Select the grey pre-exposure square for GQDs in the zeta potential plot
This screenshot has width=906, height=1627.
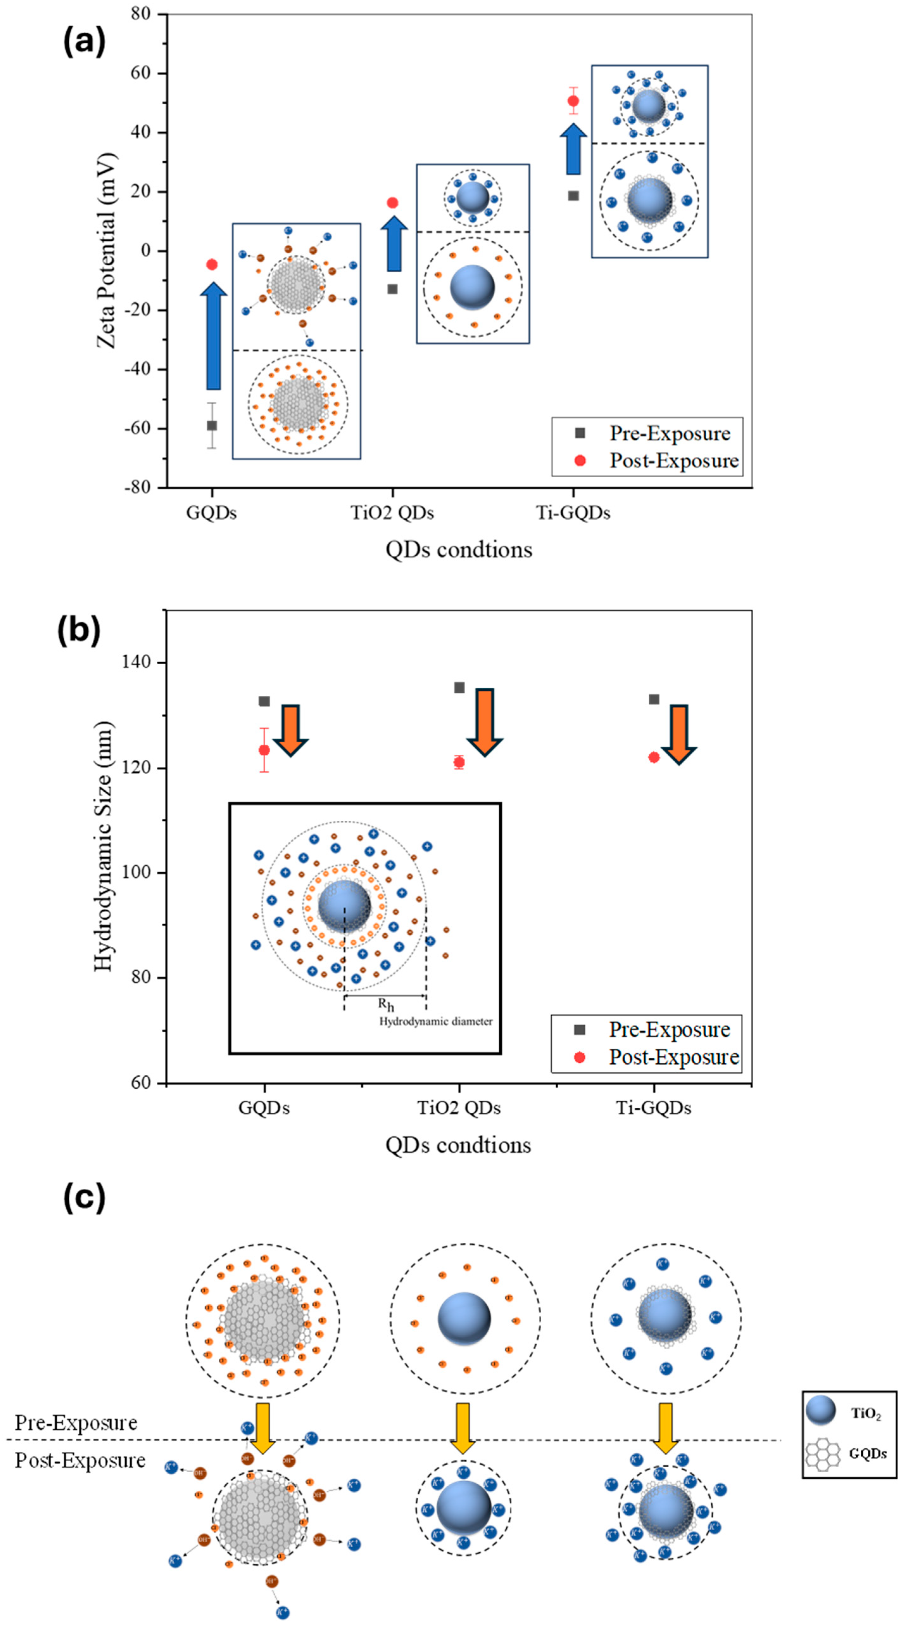click(212, 426)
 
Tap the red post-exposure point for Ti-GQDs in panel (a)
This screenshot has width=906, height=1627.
click(573, 101)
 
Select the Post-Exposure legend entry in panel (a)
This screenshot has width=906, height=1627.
click(673, 461)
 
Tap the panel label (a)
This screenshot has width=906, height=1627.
click(84, 42)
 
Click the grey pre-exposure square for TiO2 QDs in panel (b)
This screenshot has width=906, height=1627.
click(459, 687)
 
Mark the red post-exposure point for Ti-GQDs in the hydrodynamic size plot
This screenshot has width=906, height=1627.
click(654, 757)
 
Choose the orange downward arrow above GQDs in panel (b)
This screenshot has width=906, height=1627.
click(291, 729)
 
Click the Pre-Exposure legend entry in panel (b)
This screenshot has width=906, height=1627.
click(668, 1030)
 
